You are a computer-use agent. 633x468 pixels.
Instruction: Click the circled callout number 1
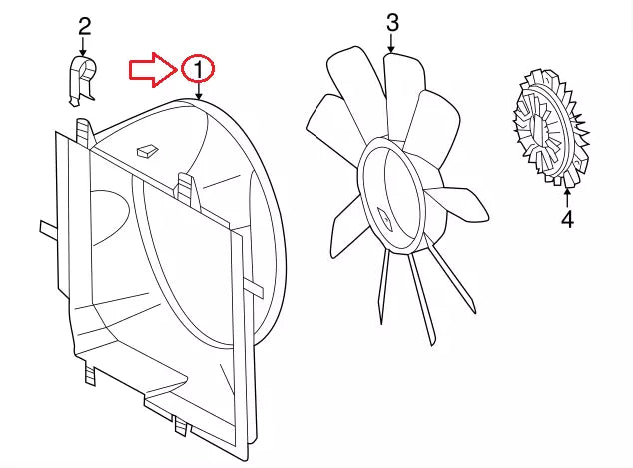click(x=198, y=68)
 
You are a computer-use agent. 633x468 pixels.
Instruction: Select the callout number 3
click(x=391, y=21)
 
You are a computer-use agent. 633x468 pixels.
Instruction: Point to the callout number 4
click(x=566, y=218)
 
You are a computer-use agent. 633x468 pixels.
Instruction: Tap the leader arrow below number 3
click(x=391, y=43)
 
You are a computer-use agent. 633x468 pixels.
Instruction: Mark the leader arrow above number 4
click(x=566, y=194)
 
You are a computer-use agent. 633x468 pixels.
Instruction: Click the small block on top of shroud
click(x=147, y=149)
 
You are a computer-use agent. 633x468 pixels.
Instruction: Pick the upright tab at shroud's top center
click(x=186, y=184)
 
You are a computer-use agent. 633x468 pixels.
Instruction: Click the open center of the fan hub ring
click(x=394, y=195)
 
